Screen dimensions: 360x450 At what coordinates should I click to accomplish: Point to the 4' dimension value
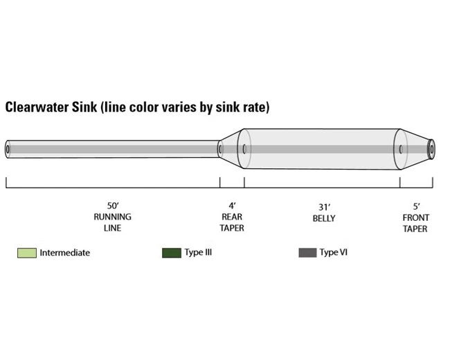[x=232, y=206]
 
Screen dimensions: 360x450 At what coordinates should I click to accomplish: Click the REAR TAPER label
[x=232, y=222]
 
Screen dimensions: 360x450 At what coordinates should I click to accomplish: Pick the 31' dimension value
[x=323, y=206]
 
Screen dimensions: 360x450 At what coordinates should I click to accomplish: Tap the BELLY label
[x=323, y=217]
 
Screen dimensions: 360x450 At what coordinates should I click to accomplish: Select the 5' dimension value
[x=416, y=206]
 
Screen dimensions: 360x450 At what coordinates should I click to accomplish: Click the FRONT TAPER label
[x=416, y=222]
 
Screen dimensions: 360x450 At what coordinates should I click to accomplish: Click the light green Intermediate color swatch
[x=26, y=253]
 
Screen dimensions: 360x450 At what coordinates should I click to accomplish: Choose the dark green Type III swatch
[x=171, y=253]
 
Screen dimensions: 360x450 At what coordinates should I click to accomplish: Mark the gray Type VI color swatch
[x=307, y=253]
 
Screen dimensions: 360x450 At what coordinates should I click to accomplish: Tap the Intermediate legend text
[x=64, y=253]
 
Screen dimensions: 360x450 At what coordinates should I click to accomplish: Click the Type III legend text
[x=198, y=252]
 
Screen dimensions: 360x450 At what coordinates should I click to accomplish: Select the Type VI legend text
[x=333, y=252]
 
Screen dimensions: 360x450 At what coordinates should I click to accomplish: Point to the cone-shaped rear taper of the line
[x=231, y=148]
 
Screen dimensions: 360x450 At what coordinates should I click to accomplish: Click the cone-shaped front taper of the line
[x=415, y=148]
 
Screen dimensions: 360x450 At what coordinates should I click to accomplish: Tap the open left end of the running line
[x=8, y=149]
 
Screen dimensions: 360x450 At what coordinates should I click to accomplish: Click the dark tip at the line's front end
[x=431, y=148]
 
